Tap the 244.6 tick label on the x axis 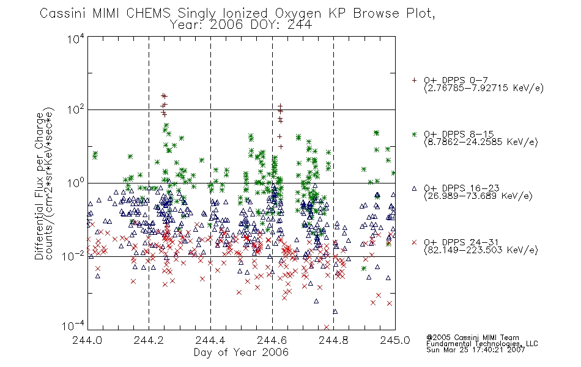point(272,340)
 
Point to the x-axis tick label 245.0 point(395,340)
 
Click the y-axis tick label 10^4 point(76,39)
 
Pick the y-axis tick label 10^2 point(76,109)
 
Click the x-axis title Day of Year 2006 point(241,352)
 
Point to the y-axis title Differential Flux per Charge point(40,186)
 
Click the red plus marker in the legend point(414,80)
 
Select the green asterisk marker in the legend point(414,134)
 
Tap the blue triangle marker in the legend point(414,188)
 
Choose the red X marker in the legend point(414,242)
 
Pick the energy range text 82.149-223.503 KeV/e point(481,250)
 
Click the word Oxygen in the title point(298,13)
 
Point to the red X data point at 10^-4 point(327,327)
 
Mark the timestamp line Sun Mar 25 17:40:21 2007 point(475,350)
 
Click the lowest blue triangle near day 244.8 point(335,311)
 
